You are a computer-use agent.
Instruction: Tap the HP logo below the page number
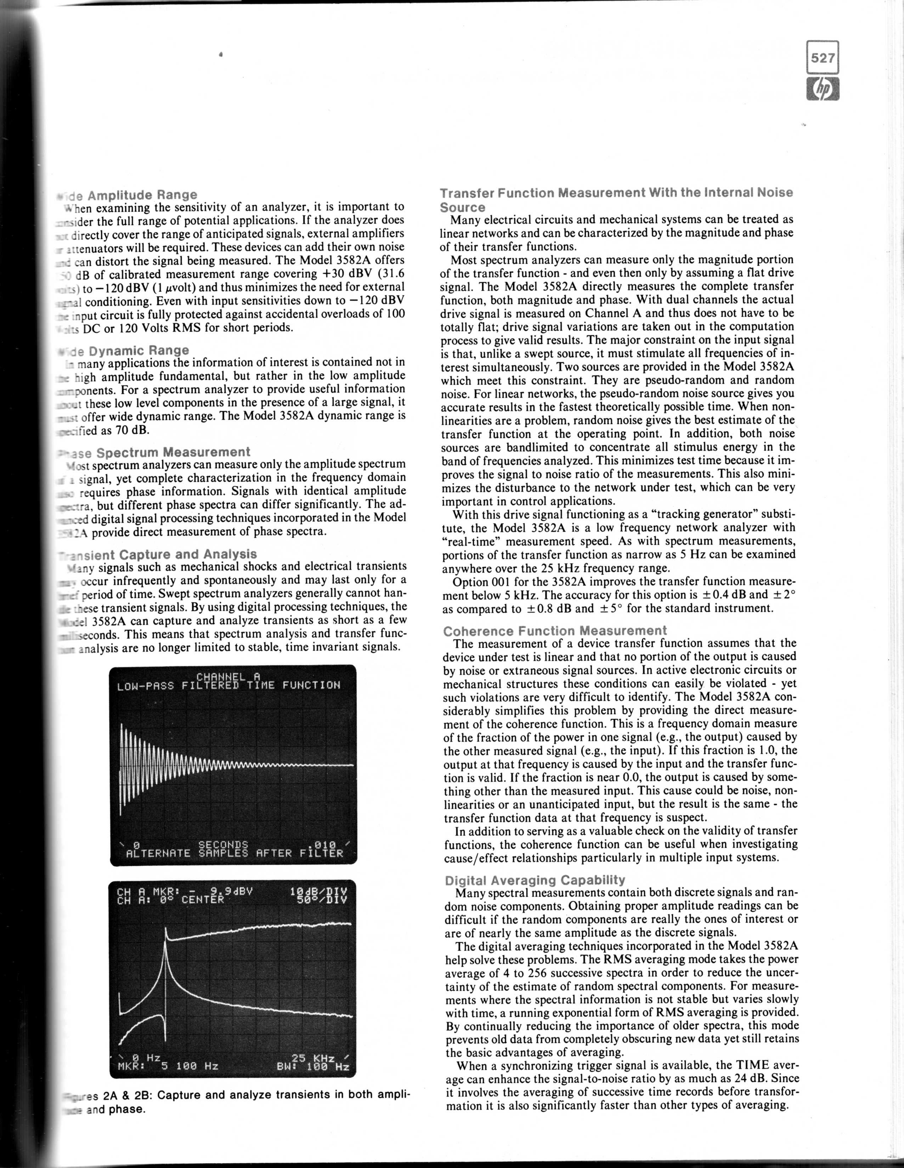[x=823, y=90]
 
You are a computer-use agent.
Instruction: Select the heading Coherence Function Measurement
[x=555, y=630]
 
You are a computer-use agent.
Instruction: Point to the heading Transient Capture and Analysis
[x=158, y=554]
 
